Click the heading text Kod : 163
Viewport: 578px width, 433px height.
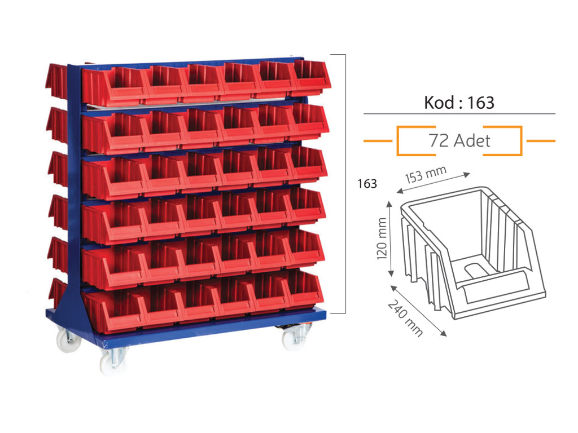[459, 103]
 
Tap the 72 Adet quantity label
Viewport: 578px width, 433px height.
[459, 140]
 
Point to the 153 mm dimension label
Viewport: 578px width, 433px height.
[426, 174]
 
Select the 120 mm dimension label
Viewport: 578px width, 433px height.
[382, 238]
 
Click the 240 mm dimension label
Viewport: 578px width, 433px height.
[405, 318]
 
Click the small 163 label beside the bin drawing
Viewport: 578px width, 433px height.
[367, 183]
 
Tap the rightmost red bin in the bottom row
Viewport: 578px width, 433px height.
[304, 289]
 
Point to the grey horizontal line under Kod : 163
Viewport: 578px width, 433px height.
[459, 114]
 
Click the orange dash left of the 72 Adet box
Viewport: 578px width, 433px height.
[378, 140]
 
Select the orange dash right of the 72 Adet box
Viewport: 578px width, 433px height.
[541, 140]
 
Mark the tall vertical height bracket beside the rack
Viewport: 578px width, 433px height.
[345, 184]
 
